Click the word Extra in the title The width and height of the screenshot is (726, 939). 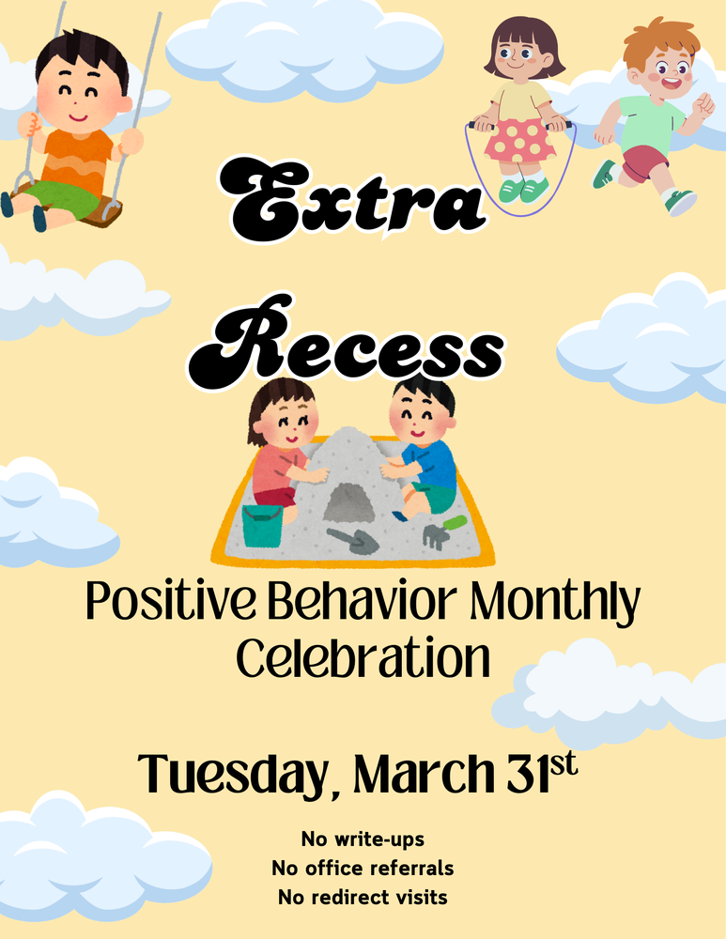coord(352,198)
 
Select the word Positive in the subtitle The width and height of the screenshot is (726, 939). coord(171,601)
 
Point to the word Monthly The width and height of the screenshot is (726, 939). coord(554,603)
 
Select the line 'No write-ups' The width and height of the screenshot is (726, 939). coord(363,839)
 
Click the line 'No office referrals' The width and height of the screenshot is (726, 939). coord(363,869)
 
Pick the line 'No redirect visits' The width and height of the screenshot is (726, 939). coord(363,898)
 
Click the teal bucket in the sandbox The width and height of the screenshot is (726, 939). coord(262,525)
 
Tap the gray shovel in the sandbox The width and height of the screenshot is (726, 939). coord(353,540)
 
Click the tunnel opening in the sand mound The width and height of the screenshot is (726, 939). coord(349,503)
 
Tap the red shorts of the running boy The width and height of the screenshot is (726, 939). coord(643,162)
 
